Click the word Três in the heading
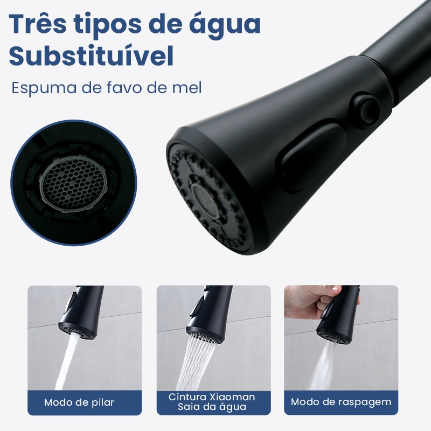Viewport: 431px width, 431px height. (38, 23)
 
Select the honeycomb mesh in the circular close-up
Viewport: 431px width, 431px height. (73, 183)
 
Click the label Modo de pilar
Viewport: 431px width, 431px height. (79, 402)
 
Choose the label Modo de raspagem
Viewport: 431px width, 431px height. (341, 402)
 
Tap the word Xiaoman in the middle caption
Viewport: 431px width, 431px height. (233, 397)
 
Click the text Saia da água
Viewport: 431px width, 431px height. (212, 407)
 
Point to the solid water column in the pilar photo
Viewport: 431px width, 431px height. (68, 362)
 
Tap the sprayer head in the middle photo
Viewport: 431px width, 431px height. (210, 314)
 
